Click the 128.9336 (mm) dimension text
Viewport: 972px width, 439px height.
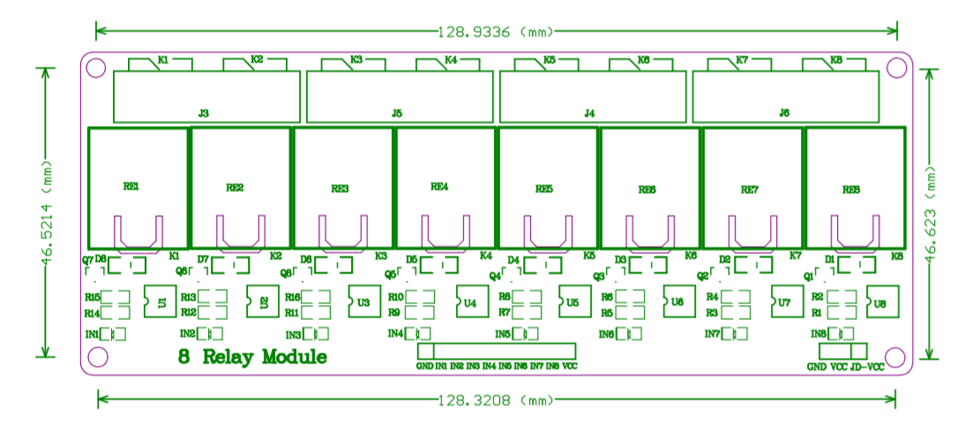click(x=496, y=32)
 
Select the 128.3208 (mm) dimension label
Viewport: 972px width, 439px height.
click(x=496, y=400)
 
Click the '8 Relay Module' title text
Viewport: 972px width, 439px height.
click(x=252, y=357)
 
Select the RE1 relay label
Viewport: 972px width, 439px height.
click(x=131, y=187)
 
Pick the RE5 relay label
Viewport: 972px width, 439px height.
click(x=544, y=189)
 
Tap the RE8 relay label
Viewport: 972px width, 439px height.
click(x=850, y=190)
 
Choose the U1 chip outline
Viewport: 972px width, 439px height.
click(x=160, y=301)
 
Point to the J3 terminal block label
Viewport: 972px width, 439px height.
click(x=204, y=114)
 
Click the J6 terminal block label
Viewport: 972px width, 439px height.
click(x=784, y=114)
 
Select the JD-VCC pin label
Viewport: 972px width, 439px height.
click(x=867, y=367)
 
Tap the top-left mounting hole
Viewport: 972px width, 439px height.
click(x=98, y=67)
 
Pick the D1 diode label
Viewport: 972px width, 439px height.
click(x=829, y=259)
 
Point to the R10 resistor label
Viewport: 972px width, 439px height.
click(x=395, y=297)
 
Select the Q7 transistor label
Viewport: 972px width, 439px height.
click(x=87, y=260)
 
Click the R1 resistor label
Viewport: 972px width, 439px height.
click(x=817, y=312)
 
